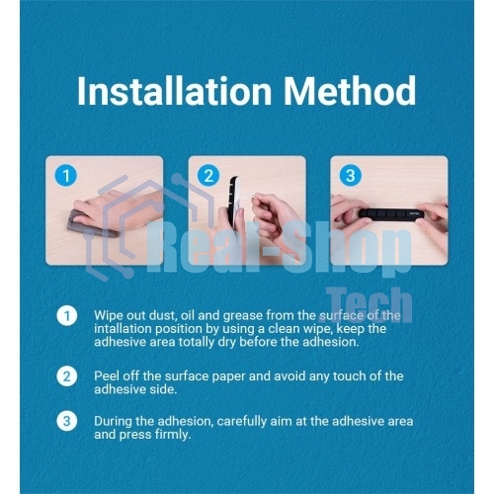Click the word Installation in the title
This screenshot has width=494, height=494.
[175, 90]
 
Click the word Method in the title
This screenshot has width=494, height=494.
[350, 90]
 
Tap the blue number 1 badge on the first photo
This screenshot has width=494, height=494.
[66, 176]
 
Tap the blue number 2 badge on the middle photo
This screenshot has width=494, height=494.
[208, 176]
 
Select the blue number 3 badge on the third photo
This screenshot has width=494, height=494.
[351, 176]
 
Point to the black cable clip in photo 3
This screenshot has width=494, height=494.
[391, 214]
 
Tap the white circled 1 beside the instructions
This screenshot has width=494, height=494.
[67, 316]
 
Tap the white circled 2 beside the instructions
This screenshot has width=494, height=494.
[67, 376]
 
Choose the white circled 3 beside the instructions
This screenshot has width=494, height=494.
[67, 421]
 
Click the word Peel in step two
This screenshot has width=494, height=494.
[105, 376]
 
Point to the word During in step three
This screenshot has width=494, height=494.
[113, 421]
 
